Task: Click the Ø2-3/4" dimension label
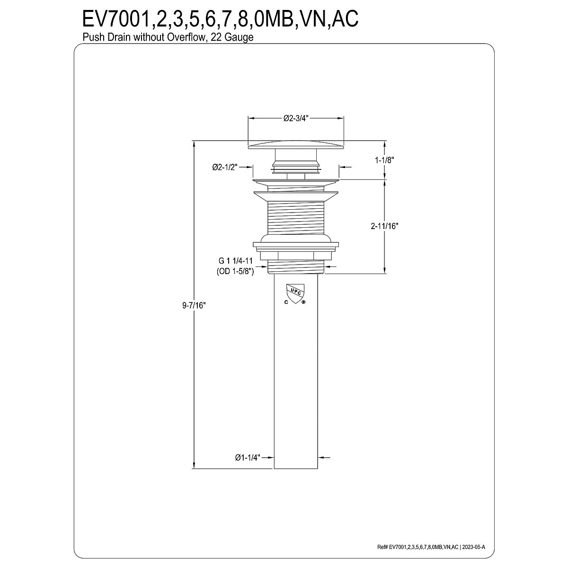[x=296, y=118]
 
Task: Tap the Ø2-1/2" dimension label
[x=225, y=167]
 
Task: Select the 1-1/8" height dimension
[x=384, y=160]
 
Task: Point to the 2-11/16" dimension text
[x=384, y=226]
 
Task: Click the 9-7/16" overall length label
[x=194, y=305]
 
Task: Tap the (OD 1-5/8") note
[x=235, y=271]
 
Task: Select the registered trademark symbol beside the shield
[x=303, y=302]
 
